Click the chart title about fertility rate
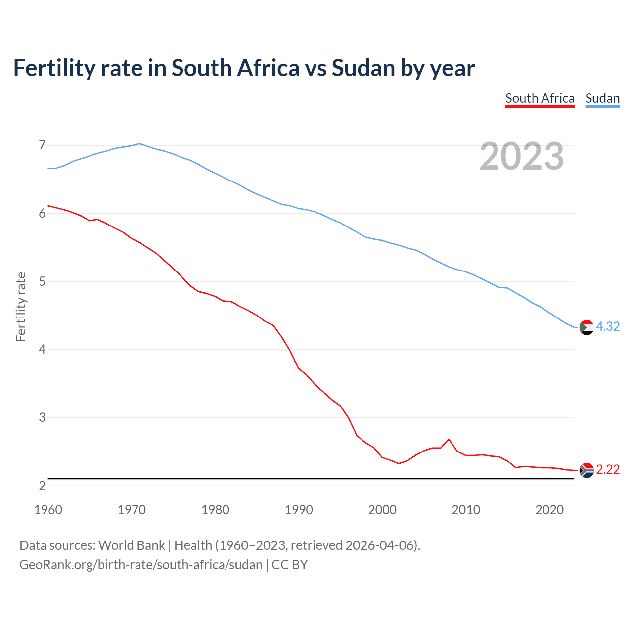pyautogui.click(x=244, y=68)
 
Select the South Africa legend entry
pyautogui.click(x=540, y=98)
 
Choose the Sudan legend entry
pyautogui.click(x=602, y=98)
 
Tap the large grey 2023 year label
pyautogui.click(x=521, y=156)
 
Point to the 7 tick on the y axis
pyautogui.click(x=42, y=145)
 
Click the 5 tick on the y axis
pyautogui.click(x=42, y=281)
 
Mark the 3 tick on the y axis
pyautogui.click(x=42, y=417)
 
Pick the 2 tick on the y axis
pyautogui.click(x=42, y=486)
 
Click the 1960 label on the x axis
pyautogui.click(x=48, y=510)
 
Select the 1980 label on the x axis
pyautogui.click(x=215, y=510)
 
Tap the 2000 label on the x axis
pyautogui.click(x=382, y=510)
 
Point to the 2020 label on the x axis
pyautogui.click(x=549, y=510)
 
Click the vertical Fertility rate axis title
pyautogui.click(x=21, y=307)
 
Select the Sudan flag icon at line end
pyautogui.click(x=587, y=327)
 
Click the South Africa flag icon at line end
pyautogui.click(x=587, y=470)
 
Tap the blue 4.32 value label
pyautogui.click(x=608, y=327)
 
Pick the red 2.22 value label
pyautogui.click(x=608, y=470)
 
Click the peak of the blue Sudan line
pyautogui.click(x=139, y=144)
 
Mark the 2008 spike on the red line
pyautogui.click(x=449, y=439)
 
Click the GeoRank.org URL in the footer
pyautogui.click(x=140, y=565)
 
